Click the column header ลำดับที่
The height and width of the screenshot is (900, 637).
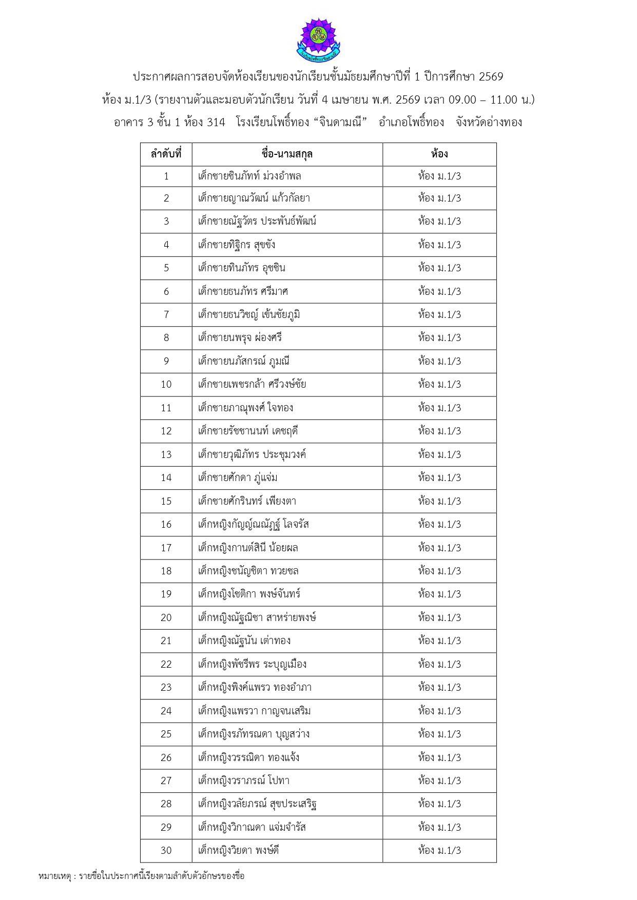[x=166, y=154]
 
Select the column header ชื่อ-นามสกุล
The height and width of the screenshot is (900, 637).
[x=287, y=154]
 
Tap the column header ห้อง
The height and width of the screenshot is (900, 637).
[x=439, y=154]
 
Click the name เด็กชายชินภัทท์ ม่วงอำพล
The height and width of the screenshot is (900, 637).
[x=249, y=176]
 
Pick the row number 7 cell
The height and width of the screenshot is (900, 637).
[x=166, y=314]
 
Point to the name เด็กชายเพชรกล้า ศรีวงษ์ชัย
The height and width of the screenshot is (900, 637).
[x=252, y=384]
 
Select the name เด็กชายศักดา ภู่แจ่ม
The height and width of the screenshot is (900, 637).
[x=238, y=477]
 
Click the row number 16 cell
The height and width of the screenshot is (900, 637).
[x=166, y=524]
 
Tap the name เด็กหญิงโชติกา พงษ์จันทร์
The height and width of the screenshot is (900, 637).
[x=249, y=594]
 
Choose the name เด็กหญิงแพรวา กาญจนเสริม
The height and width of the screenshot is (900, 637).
[x=254, y=711]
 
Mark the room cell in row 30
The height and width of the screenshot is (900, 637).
[x=439, y=850]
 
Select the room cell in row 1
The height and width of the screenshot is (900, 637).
[x=439, y=176]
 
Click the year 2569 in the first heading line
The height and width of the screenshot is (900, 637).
[x=491, y=77]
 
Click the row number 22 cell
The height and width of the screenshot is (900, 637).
[x=166, y=664]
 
